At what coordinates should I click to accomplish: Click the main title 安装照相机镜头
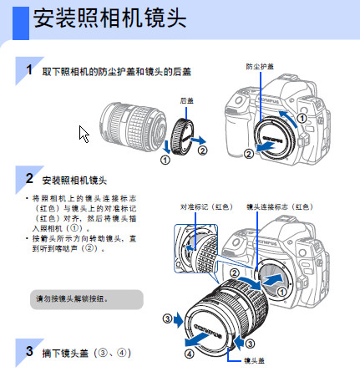(x=109, y=18)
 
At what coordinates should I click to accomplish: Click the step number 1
(x=29, y=69)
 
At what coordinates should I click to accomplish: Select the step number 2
(x=29, y=178)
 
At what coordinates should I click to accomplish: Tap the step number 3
(x=29, y=351)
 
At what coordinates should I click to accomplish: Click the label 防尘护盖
(x=260, y=67)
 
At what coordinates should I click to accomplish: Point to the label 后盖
(x=186, y=100)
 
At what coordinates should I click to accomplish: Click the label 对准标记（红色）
(x=206, y=206)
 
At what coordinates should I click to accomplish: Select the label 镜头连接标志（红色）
(x=280, y=206)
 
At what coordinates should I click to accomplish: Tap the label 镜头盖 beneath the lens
(x=254, y=360)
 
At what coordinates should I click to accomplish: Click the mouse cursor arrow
(x=84, y=134)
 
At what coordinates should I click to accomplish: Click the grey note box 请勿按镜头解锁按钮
(x=87, y=299)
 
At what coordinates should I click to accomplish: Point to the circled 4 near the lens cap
(x=190, y=354)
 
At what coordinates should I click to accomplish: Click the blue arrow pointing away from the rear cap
(x=198, y=140)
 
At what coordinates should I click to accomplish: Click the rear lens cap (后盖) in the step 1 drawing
(x=182, y=136)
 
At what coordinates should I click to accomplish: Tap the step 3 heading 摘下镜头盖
(x=86, y=354)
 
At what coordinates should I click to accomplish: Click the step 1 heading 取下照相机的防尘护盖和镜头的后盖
(x=116, y=72)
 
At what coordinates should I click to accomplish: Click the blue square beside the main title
(x=21, y=23)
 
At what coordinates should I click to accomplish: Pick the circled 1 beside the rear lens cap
(x=165, y=160)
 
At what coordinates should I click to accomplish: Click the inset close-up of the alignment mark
(x=195, y=248)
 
